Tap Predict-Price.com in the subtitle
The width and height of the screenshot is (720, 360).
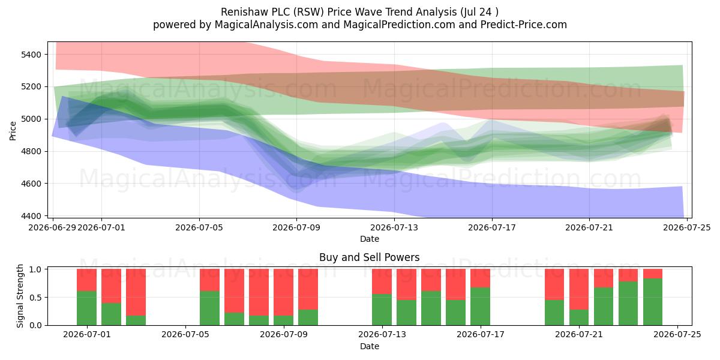(x=524, y=25)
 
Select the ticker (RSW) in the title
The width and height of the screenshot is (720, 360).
(x=310, y=12)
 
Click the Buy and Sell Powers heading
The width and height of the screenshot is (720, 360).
(x=370, y=257)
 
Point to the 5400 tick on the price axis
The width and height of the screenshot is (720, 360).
(x=31, y=55)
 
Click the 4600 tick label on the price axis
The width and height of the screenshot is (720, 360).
(x=31, y=184)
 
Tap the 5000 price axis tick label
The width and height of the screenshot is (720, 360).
(x=31, y=119)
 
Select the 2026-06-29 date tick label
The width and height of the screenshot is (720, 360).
(x=52, y=227)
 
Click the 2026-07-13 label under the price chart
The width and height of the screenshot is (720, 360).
(x=394, y=227)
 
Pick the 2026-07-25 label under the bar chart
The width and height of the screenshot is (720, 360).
(x=677, y=335)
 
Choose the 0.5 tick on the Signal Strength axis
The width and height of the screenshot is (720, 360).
(x=35, y=298)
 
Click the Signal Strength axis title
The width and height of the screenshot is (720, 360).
(x=20, y=296)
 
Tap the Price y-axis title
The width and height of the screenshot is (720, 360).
(x=13, y=131)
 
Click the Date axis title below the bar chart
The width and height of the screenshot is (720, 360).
(x=370, y=346)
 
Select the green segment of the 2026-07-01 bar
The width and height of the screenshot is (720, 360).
(x=86, y=308)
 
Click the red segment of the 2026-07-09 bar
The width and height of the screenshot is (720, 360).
(x=283, y=292)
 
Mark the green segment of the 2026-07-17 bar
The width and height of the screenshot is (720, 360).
(x=480, y=307)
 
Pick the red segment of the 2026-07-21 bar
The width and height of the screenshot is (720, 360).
(x=579, y=289)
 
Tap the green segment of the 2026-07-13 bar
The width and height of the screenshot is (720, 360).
(x=382, y=310)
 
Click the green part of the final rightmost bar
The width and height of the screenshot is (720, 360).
(x=653, y=302)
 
